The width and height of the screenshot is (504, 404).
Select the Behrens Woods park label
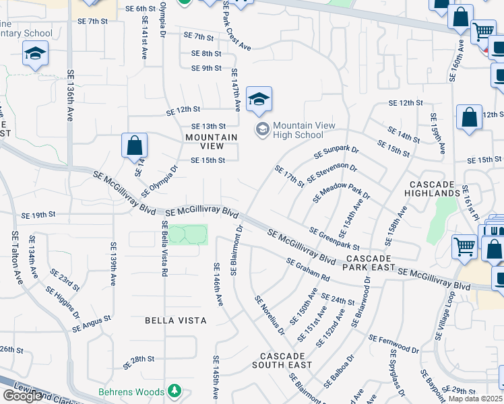pos(131,392)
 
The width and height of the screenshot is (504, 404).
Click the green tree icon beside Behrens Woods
pos(175,391)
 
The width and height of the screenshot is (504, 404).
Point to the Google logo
pos(22,396)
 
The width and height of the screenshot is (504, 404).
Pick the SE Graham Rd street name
pos(307,270)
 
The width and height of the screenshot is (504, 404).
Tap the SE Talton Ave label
pos(15,258)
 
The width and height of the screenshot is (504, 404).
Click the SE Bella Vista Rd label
pos(164,250)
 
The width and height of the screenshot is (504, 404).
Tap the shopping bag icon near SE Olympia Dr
pos(135,145)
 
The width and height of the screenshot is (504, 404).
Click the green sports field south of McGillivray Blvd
pos(187,235)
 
